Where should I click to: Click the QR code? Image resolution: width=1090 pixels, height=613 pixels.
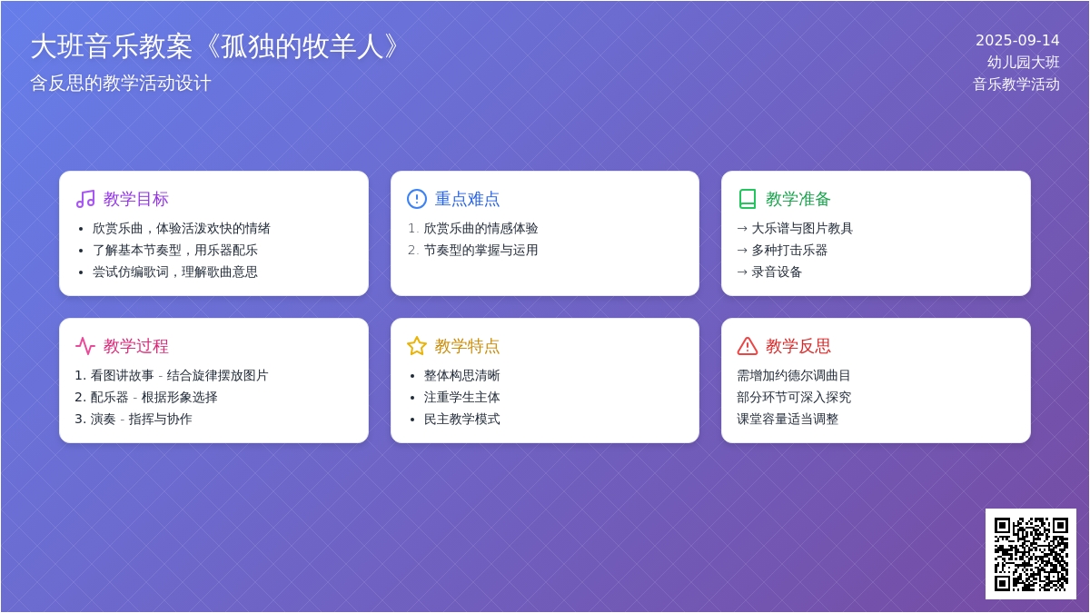coord(1031,554)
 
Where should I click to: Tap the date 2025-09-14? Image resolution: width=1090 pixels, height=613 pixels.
coord(1017,40)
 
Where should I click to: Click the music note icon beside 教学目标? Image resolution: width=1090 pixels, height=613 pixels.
coord(85,199)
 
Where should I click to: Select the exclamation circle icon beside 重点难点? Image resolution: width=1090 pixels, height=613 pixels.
coord(417,199)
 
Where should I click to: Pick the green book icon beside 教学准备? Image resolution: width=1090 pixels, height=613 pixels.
coord(748,199)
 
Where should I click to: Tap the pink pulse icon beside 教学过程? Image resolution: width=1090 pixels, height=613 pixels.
coord(85,346)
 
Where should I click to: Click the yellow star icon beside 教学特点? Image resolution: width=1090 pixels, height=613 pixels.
coord(417,346)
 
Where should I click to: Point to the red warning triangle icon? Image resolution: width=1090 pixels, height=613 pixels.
coord(748,346)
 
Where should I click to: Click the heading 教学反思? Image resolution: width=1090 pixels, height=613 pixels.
coord(798,346)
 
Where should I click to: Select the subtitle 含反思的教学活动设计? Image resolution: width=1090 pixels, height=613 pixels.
coord(121,84)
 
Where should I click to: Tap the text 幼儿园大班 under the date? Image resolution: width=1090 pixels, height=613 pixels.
coord(1023,63)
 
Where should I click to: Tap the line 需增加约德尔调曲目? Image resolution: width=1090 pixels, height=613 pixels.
coord(793,375)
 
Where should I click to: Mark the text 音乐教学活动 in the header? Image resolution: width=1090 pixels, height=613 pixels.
coord(1016,84)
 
